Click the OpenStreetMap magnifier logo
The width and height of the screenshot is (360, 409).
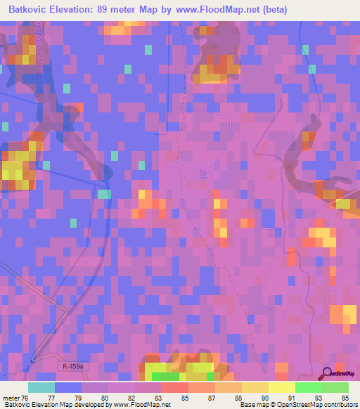tap(328, 374)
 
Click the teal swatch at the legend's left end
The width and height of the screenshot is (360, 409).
tap(41, 387)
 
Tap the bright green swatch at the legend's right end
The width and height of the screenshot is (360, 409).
tap(335, 387)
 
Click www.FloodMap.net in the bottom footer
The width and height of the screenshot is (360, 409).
tap(145, 405)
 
